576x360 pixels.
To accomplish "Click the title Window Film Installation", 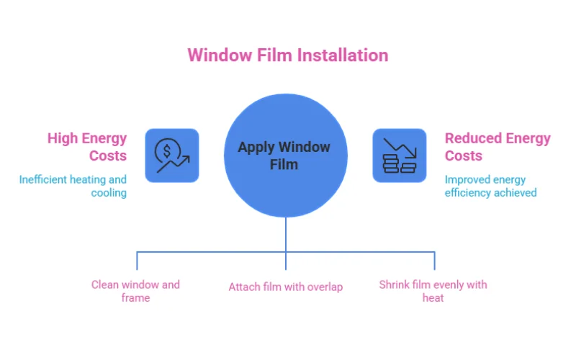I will (287, 55).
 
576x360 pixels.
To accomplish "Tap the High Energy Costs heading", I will (87, 147).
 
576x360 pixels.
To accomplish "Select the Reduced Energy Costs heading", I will (497, 147).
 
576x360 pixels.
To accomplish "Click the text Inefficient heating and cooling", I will (73, 186).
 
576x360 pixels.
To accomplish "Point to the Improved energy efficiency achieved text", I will (490, 186).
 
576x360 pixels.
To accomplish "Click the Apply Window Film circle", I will (286, 156).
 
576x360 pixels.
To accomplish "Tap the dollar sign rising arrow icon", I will (172, 156).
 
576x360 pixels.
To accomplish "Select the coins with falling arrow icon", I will (399, 156).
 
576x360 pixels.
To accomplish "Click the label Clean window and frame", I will (135, 291).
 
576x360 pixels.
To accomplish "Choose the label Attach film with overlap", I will (286, 287).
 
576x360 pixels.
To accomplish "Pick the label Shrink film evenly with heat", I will (433, 291).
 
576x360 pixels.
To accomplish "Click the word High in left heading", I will (62, 138).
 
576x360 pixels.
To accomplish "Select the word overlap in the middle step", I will (324, 287).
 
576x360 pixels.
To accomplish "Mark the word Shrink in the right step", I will (395, 284).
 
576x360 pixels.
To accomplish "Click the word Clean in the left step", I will (105, 284).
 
